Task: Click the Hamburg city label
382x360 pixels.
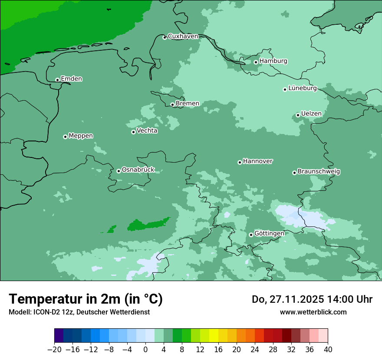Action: click(x=273, y=61)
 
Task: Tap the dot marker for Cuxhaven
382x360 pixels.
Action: click(x=165, y=37)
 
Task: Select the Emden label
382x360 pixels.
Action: click(x=71, y=79)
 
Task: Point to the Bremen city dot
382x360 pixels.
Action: click(x=172, y=105)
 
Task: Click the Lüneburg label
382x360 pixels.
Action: click(x=302, y=88)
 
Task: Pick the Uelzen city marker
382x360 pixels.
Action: click(x=298, y=115)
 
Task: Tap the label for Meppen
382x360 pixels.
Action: click(x=81, y=136)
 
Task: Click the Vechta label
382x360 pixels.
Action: click(x=147, y=131)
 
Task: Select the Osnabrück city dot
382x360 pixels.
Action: click(x=119, y=171)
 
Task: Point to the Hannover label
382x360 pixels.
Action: click(x=257, y=161)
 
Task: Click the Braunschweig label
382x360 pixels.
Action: click(x=319, y=171)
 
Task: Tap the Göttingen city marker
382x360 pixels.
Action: click(x=251, y=235)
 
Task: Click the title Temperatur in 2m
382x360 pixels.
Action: click(x=86, y=299)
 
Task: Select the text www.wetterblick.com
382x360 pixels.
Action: click(x=313, y=312)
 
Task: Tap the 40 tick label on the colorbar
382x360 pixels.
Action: click(x=328, y=350)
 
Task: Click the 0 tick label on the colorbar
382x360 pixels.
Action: click(x=145, y=350)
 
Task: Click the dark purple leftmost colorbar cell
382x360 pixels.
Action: click(x=59, y=336)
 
